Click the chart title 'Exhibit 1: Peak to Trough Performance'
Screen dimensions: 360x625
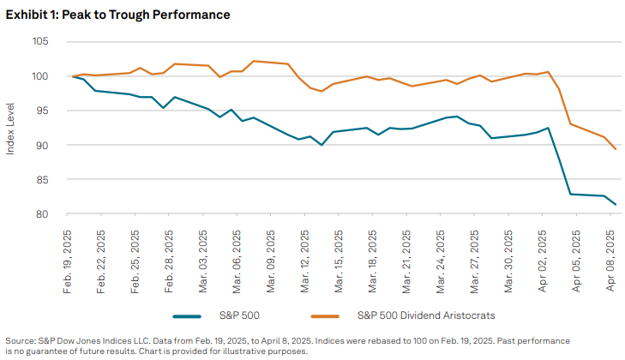click(118, 15)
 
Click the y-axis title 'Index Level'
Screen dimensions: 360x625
click(11, 129)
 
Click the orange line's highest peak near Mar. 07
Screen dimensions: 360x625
click(255, 61)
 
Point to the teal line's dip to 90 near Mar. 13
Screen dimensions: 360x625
click(322, 145)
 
